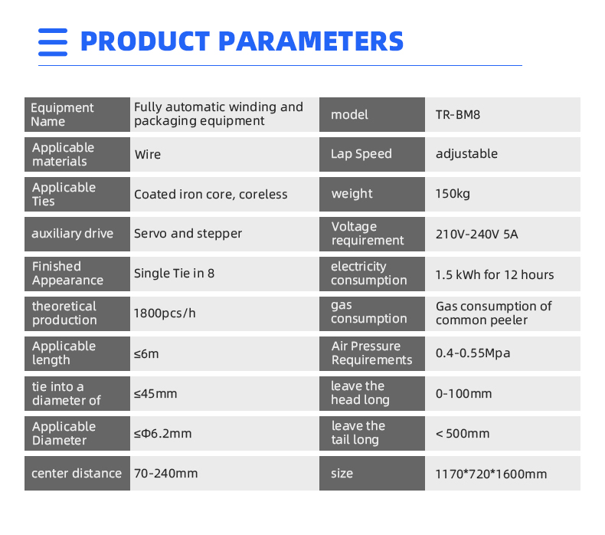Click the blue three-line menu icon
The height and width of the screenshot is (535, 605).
(x=53, y=42)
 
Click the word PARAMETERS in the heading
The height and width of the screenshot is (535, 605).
(x=311, y=41)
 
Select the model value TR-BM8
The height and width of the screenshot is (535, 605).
(x=458, y=115)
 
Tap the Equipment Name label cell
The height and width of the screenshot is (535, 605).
(x=77, y=114)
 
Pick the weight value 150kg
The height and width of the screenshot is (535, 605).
(x=453, y=193)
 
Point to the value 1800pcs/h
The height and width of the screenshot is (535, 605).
(x=165, y=313)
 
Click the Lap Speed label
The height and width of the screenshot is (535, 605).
(x=361, y=154)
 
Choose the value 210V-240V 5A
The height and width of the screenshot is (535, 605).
(x=476, y=234)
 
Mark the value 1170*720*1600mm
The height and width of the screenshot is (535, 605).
(x=491, y=474)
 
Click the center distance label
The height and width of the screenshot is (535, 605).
(x=77, y=473)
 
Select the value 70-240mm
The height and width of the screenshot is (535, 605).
(x=166, y=473)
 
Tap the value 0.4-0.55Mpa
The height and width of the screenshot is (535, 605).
(x=473, y=353)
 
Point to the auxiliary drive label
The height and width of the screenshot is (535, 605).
(x=72, y=233)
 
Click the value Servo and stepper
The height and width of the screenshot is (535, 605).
(x=188, y=233)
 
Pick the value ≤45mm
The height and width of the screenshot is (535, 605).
(x=155, y=394)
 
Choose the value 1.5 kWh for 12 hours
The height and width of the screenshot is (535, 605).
(x=495, y=274)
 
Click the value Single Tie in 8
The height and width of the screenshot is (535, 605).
(x=174, y=273)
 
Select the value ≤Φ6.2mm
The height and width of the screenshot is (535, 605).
(x=163, y=433)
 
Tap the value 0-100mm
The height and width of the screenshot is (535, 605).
(x=464, y=394)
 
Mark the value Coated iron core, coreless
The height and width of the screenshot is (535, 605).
(x=211, y=194)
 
